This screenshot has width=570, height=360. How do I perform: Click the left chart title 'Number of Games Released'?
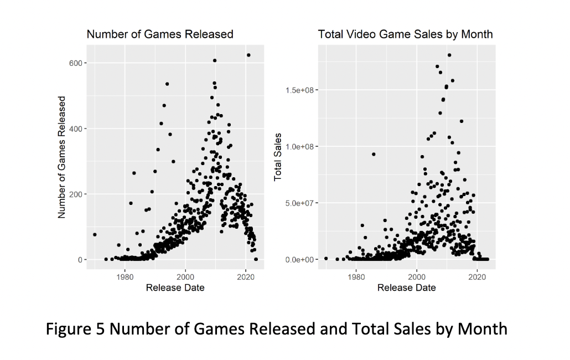pyautogui.click(x=160, y=34)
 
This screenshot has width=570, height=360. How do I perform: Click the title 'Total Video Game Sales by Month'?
pyautogui.click(x=405, y=34)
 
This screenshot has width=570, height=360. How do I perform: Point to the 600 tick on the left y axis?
pyautogui.click(x=75, y=63)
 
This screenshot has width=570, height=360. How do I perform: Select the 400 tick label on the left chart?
pyautogui.click(x=75, y=128)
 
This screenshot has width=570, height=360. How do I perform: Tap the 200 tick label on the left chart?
pyautogui.click(x=75, y=194)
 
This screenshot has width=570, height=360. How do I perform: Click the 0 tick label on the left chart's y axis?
pyautogui.click(x=79, y=260)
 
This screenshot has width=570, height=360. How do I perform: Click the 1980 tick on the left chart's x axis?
pyautogui.click(x=125, y=276)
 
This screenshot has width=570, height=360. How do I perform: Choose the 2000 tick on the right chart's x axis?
pyautogui.click(x=417, y=276)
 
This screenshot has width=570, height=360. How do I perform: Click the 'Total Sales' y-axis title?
pyautogui.click(x=278, y=157)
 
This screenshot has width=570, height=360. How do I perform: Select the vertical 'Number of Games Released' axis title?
pyautogui.click(x=62, y=157)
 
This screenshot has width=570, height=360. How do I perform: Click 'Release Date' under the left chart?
pyautogui.click(x=175, y=287)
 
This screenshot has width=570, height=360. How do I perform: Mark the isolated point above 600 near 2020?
pyautogui.click(x=248, y=55)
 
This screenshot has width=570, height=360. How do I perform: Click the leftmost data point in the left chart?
pyautogui.click(x=95, y=235)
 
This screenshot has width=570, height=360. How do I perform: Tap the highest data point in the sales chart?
pyautogui.click(x=449, y=55)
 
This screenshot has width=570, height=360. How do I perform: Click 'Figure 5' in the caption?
pyautogui.click(x=75, y=328)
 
